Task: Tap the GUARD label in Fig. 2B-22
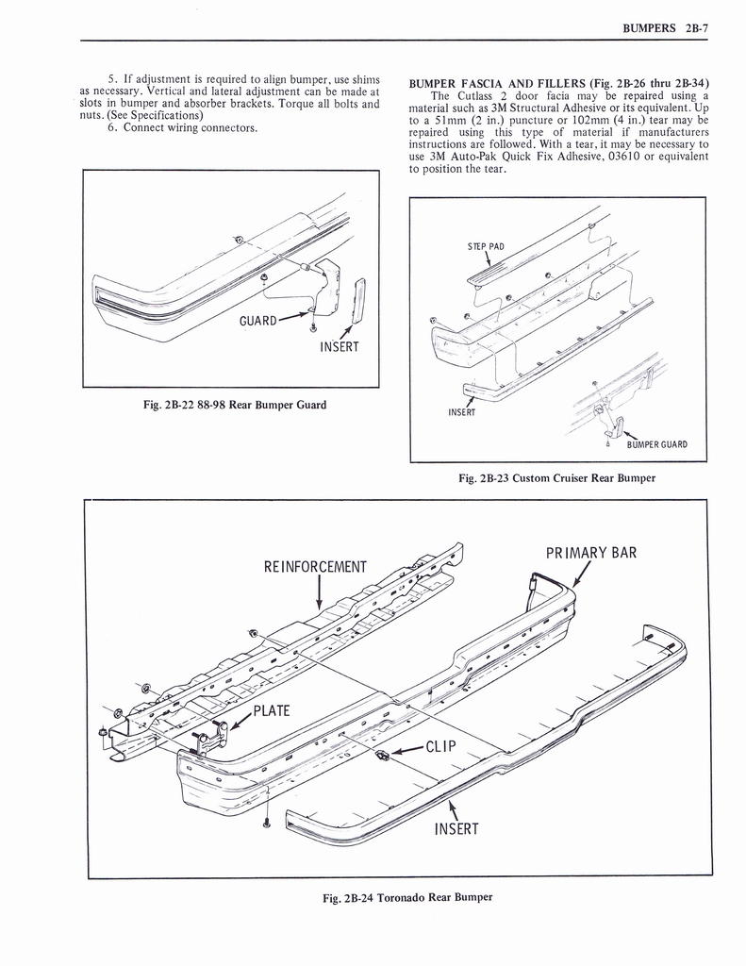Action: point(258,320)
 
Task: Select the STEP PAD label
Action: point(486,247)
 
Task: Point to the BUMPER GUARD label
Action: point(656,444)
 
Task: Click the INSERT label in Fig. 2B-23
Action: point(461,411)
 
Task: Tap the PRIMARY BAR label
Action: point(591,552)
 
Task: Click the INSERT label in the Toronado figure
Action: point(456,829)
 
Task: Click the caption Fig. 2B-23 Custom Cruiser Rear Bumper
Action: point(556,478)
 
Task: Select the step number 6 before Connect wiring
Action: point(111,128)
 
